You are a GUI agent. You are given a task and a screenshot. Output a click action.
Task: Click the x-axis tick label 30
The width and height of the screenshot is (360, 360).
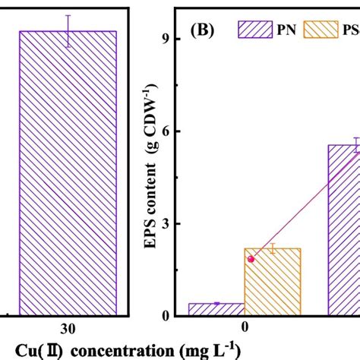(68, 330)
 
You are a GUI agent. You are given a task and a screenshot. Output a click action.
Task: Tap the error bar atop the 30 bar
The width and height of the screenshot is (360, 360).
(68, 31)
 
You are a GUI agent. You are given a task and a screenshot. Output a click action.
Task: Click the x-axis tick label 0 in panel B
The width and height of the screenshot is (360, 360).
(245, 330)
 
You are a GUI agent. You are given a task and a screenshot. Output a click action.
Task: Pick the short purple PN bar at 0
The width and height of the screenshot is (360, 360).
(216, 309)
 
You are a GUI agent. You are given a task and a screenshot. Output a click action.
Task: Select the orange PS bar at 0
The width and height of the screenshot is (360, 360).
(273, 282)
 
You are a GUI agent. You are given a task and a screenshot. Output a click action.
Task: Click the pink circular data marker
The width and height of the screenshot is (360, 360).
(251, 259)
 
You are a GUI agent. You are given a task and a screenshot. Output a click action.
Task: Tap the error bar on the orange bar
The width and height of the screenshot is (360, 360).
(273, 248)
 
